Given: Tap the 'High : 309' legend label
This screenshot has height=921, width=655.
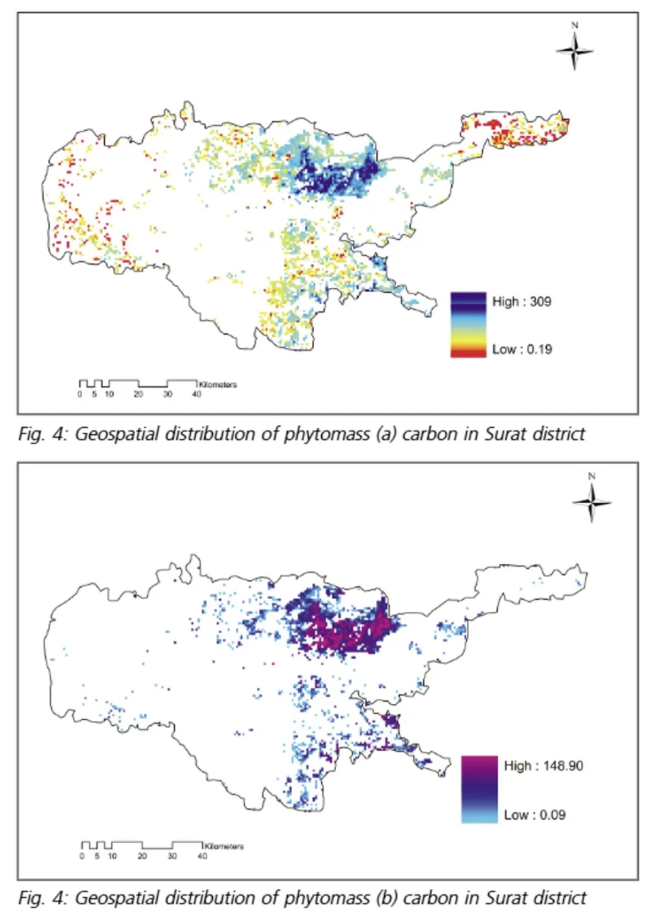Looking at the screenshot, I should click(x=521, y=302).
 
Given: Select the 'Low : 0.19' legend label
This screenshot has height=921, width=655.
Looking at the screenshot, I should click(x=521, y=349).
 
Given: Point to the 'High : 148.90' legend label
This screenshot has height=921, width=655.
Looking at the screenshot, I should click(x=543, y=766).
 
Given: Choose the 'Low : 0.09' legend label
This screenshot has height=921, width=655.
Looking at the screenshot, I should click(x=534, y=815).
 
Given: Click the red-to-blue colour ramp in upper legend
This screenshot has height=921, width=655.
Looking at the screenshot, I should click(x=468, y=325).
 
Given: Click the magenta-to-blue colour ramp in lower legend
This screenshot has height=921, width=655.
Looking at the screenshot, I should click(x=479, y=789).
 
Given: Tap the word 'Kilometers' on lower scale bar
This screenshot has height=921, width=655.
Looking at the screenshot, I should click(x=224, y=847).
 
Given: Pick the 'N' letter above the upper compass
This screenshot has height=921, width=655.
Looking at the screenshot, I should click(x=574, y=25).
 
